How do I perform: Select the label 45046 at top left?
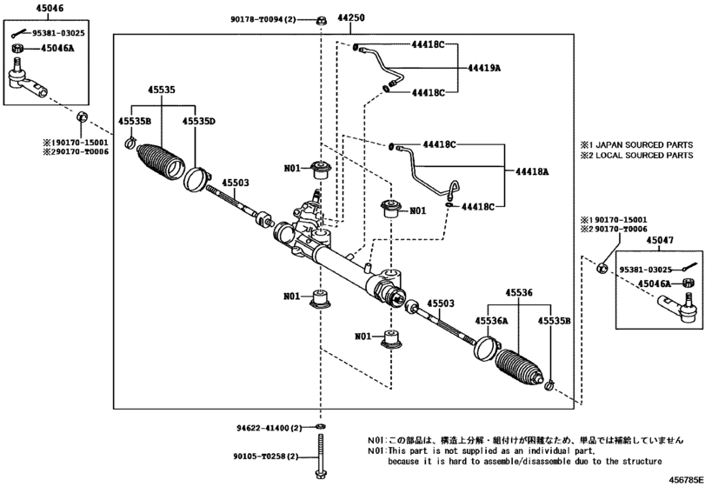point(23,7)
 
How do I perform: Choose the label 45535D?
point(198,122)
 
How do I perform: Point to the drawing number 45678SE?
point(686,477)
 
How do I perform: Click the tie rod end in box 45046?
point(26,83)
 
